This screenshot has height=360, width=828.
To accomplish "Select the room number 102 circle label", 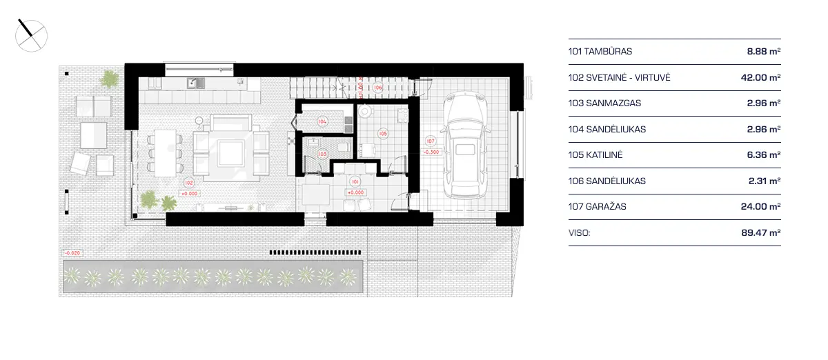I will coord(188,183).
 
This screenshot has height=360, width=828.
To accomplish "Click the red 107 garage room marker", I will coord(431,141).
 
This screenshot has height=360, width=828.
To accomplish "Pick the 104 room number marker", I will coord(322,121).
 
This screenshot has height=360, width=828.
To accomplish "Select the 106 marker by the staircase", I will coord(378,88).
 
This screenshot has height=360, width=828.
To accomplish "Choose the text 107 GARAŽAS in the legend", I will coord(598,206).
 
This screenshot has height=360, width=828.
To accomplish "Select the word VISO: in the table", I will coord(580,233).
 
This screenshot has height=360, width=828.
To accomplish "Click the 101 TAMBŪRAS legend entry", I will coord(600,51).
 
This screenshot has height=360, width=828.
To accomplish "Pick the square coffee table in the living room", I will coord(230,150).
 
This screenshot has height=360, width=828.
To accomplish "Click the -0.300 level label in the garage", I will coord(432,152).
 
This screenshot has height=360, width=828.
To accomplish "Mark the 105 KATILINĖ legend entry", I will coord(595,155).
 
